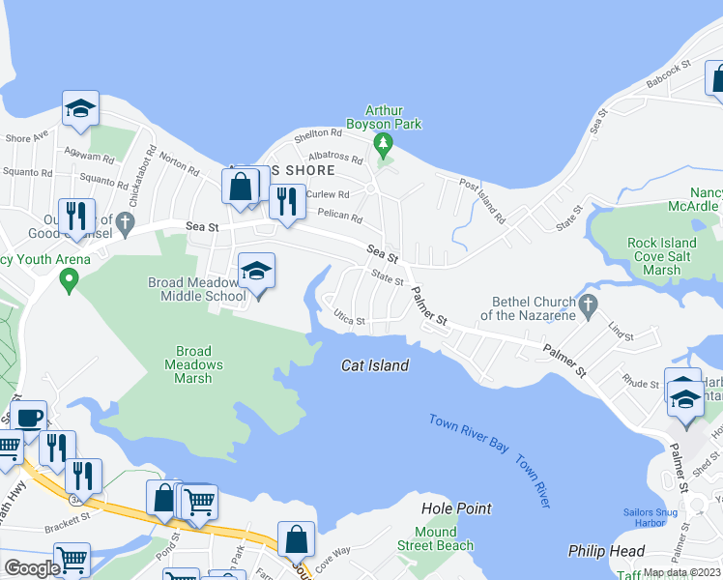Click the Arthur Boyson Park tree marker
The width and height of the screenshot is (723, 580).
tap(385, 146)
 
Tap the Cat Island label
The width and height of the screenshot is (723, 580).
tap(375, 365)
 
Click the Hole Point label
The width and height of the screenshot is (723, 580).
tap(456, 508)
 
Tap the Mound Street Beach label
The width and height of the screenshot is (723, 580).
tap(436, 539)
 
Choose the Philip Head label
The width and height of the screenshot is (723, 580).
tap(606, 551)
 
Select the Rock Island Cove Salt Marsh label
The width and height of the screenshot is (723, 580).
tap(650, 257)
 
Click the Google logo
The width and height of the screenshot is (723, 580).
tap(32, 567)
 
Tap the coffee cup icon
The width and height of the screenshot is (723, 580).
tap(29, 418)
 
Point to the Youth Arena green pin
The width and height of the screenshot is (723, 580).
tap(68, 280)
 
